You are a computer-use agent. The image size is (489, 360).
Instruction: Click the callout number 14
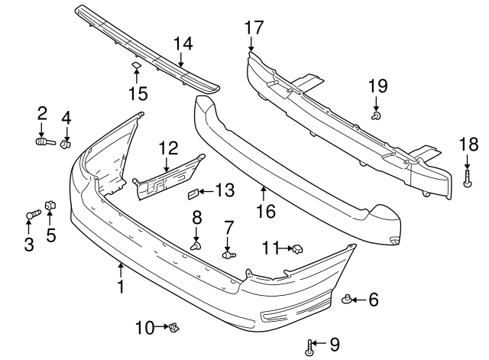183,44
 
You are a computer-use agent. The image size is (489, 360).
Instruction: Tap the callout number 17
254,28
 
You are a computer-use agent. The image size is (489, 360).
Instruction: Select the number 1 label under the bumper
120,287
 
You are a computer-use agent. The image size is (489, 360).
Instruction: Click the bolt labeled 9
309,349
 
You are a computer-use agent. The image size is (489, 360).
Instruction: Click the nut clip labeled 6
347,299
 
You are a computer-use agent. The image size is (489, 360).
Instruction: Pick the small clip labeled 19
377,115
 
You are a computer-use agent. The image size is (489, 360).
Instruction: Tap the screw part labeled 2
43,141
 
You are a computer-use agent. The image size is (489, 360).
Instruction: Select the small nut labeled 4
66,143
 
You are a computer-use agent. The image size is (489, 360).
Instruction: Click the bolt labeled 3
31,216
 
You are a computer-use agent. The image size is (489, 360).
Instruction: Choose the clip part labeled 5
50,205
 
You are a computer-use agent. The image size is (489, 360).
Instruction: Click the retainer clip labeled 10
176,328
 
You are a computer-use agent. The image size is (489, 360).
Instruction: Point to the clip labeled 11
297,248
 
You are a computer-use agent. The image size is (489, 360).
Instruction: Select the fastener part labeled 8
196,245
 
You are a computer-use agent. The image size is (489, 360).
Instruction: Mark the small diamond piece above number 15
136,66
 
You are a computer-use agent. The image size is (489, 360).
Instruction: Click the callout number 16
264,209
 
